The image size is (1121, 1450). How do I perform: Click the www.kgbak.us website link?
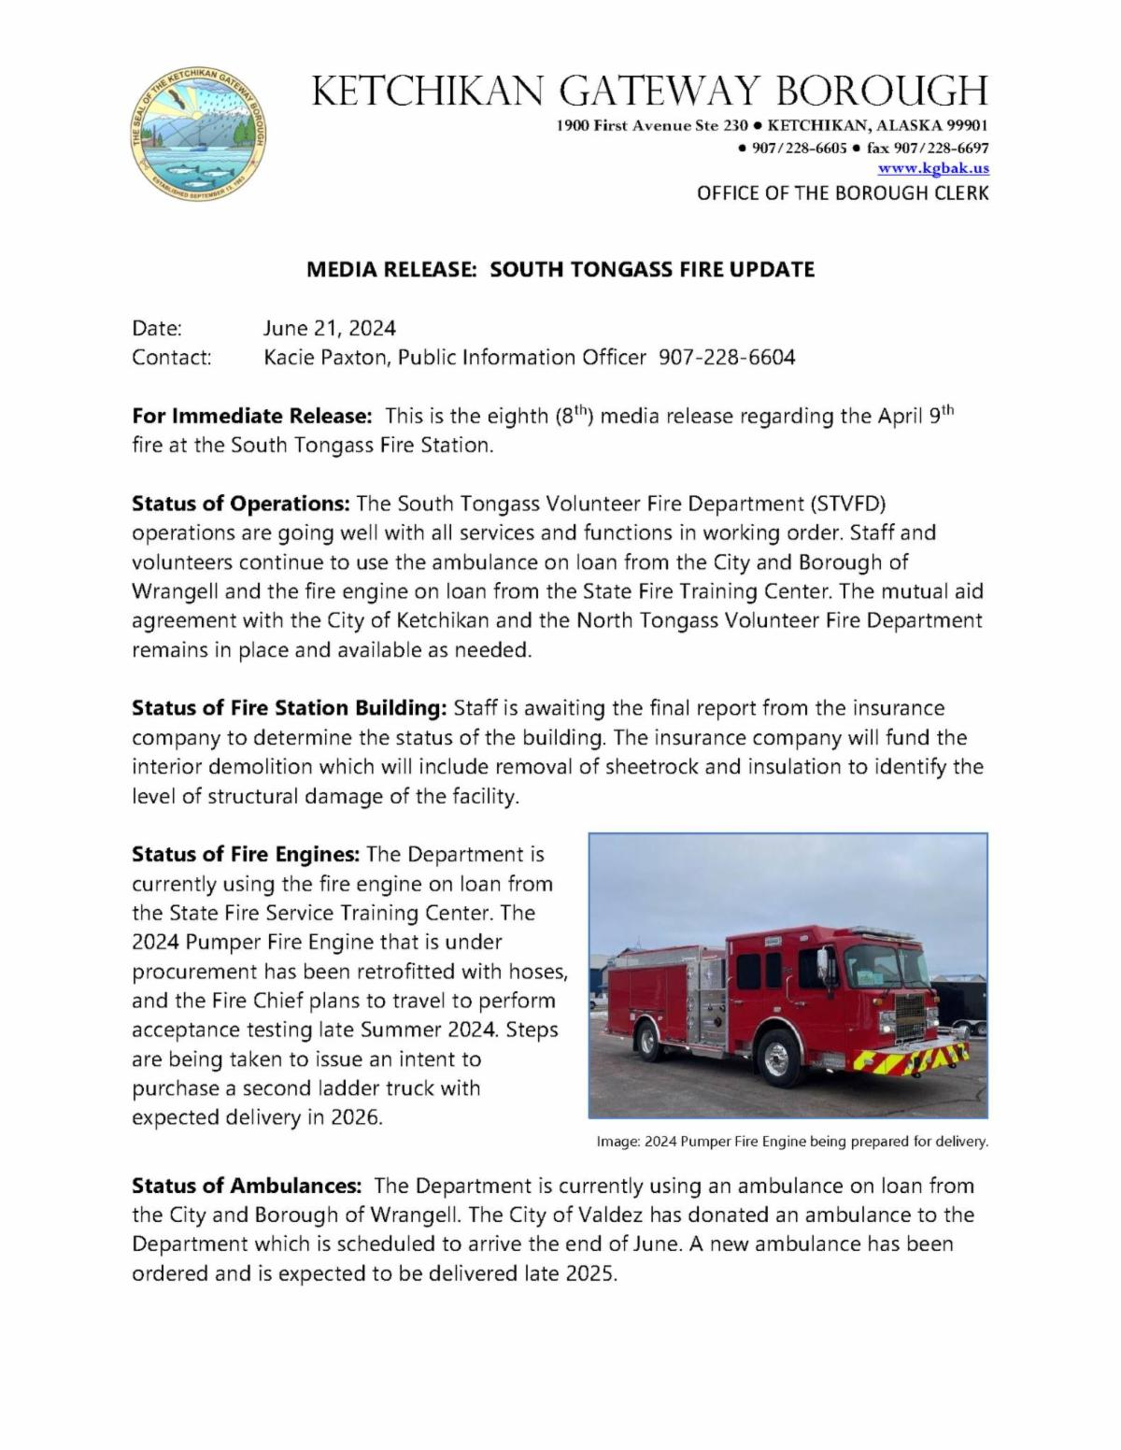[932, 168]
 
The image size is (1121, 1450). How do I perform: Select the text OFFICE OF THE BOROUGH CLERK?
[842, 193]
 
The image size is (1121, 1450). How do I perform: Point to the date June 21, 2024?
[329, 328]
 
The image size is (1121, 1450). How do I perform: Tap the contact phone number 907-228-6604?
[727, 358]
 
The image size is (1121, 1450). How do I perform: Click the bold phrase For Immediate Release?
[252, 416]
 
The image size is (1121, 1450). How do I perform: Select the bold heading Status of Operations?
[240, 504]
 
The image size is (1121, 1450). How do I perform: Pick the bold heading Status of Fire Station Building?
[290, 708]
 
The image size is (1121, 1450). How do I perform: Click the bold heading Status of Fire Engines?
[245, 854]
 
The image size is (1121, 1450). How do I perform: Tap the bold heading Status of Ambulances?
[246, 1186]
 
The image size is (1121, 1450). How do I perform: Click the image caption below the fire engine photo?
[791, 1141]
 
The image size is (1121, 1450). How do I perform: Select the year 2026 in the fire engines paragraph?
[356, 1117]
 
